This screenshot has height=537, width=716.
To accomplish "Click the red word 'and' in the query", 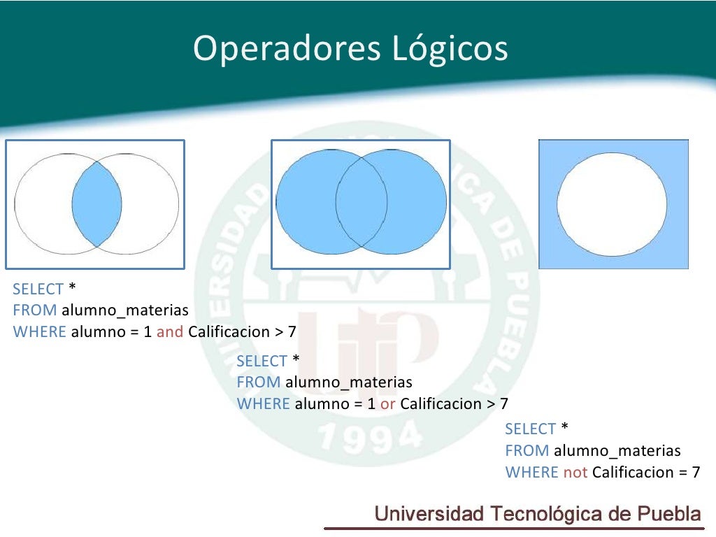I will pos(170,331).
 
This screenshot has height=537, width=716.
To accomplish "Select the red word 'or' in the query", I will pos(388,403).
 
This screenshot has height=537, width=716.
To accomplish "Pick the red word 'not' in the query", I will pos(575,472).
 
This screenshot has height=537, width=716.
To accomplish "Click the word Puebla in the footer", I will pos(670,514).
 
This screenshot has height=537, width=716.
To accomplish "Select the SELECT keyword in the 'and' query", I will pos(38,289).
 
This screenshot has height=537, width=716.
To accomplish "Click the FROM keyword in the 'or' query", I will pos(259,382).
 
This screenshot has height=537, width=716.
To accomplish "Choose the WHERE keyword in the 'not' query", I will pos(532,472).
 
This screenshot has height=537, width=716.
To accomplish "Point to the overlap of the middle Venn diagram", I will pos(361,202).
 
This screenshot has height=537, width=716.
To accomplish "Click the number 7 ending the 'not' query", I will pos(696,472).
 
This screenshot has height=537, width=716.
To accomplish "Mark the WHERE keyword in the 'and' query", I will pos(40,331).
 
